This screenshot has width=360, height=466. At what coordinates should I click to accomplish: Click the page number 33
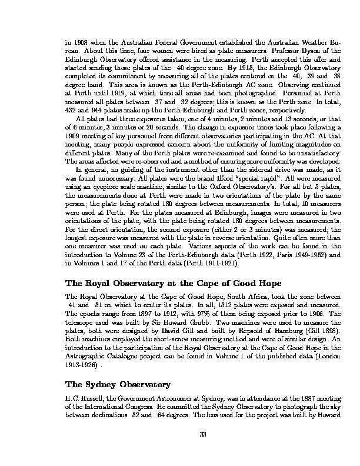click(x=180, y=435)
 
